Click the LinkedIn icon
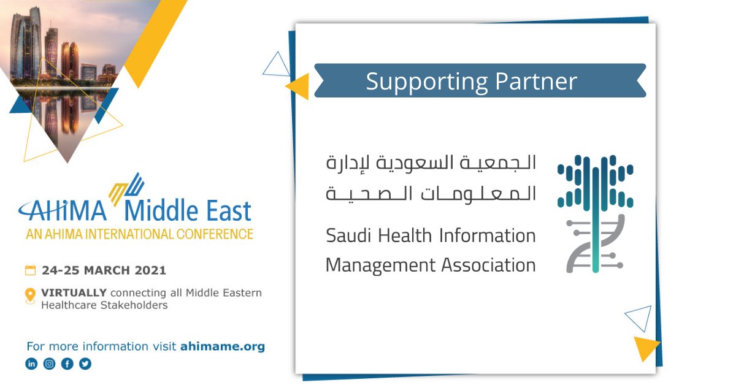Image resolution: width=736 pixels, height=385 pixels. click(x=31, y=364)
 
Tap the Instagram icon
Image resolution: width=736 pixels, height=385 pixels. click(x=49, y=364)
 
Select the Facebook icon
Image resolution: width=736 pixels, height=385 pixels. click(x=67, y=364)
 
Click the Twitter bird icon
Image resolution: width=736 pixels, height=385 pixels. click(x=85, y=364)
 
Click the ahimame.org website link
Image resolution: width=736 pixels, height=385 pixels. click(x=222, y=346)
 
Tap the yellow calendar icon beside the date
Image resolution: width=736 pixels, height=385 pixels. click(x=30, y=270)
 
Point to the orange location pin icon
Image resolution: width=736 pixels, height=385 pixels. click(x=30, y=295)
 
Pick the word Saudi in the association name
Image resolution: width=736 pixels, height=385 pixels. click(x=346, y=235)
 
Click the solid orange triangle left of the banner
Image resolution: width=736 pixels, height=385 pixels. click(x=299, y=86)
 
